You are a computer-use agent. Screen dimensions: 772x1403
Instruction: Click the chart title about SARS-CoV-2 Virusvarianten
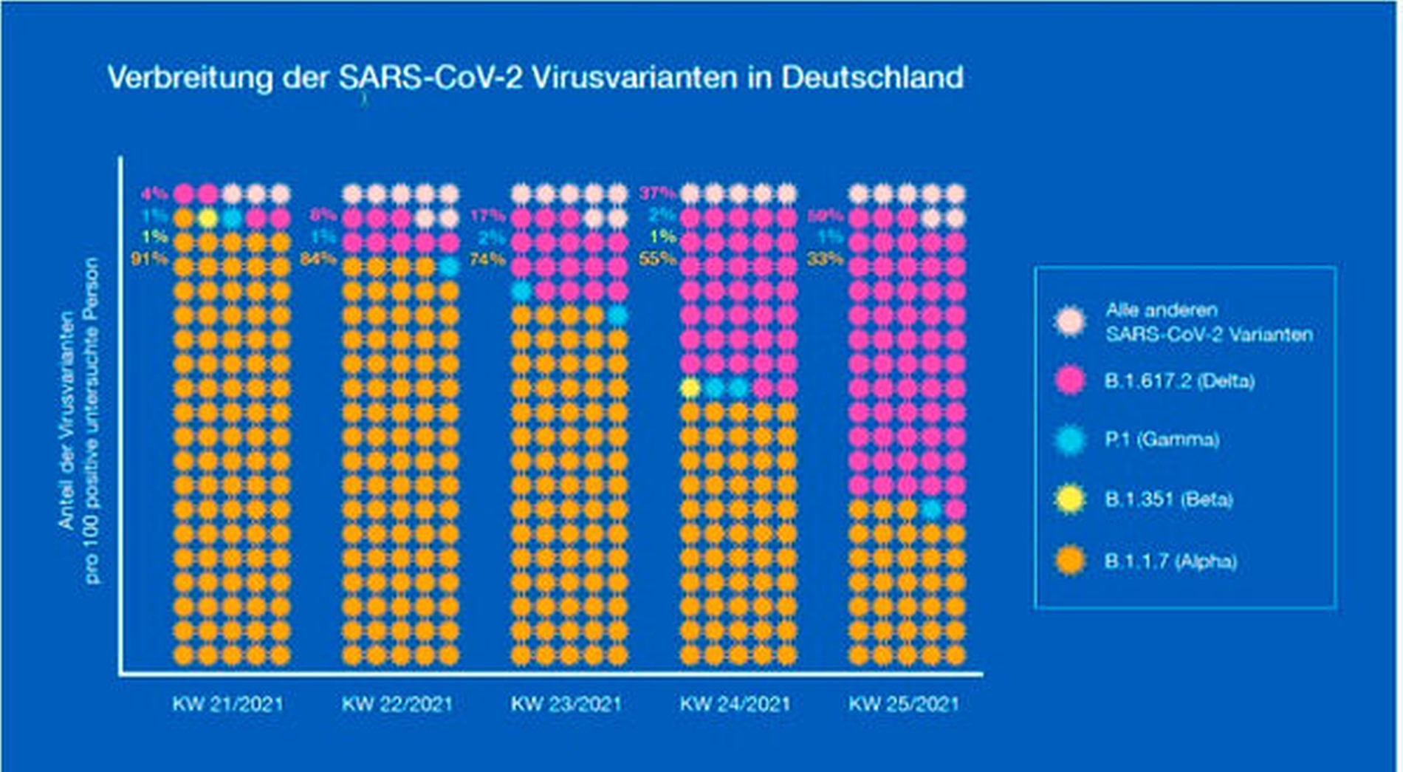pyautogui.click(x=535, y=78)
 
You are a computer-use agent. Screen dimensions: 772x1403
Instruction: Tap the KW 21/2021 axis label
pyautogui.click(x=227, y=703)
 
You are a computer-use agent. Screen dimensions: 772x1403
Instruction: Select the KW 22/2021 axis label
pyautogui.click(x=397, y=703)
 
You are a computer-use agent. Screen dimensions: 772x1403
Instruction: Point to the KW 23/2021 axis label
pyautogui.click(x=566, y=703)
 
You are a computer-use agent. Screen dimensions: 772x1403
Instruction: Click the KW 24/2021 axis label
pyautogui.click(x=735, y=703)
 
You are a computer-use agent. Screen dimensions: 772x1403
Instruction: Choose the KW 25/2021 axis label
pyautogui.click(x=904, y=703)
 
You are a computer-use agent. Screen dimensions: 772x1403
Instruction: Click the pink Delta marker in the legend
pyautogui.click(x=1070, y=380)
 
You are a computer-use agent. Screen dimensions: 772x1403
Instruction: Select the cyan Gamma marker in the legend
pyautogui.click(x=1070, y=440)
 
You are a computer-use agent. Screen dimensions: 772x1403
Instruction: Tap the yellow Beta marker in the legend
pyautogui.click(x=1070, y=499)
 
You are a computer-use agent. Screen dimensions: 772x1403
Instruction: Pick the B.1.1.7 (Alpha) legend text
pyautogui.click(x=1170, y=561)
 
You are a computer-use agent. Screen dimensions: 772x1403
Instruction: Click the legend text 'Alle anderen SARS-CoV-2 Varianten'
pyautogui.click(x=1209, y=322)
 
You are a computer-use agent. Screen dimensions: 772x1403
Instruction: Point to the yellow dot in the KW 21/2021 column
pyautogui.click(x=208, y=218)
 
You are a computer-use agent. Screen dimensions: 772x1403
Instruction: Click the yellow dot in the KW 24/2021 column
pyautogui.click(x=690, y=388)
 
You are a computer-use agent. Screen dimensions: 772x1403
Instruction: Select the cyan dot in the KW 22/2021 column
pyautogui.click(x=449, y=267)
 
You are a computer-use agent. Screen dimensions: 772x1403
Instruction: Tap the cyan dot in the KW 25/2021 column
pyautogui.click(x=931, y=509)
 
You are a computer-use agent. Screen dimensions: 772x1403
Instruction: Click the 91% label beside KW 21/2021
pyautogui.click(x=150, y=259)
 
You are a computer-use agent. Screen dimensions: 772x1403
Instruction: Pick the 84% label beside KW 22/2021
pyautogui.click(x=318, y=259)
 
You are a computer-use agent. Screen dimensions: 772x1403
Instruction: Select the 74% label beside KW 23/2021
pyautogui.click(x=487, y=259)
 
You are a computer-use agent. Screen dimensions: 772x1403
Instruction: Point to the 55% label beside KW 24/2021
pyautogui.click(x=657, y=259)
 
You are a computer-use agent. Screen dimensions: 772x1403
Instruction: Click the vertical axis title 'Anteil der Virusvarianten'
pyautogui.click(x=68, y=421)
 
